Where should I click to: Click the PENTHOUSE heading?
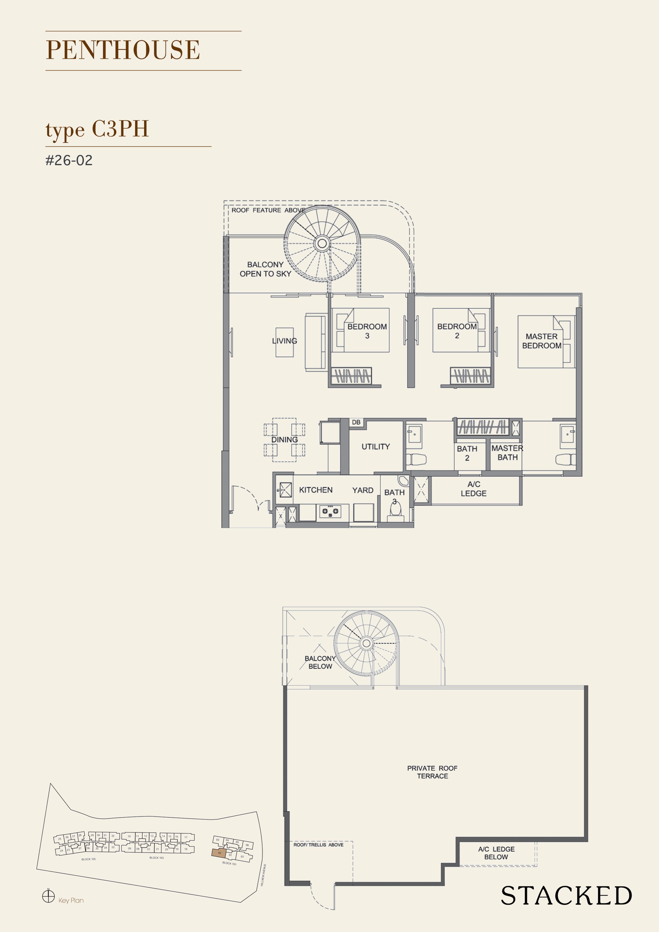click(122, 50)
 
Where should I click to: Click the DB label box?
click(356, 422)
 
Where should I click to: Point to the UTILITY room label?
click(375, 447)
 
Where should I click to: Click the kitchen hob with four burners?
click(330, 511)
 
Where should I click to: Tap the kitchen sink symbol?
click(285, 490)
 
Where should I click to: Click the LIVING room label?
click(284, 341)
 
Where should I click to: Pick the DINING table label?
click(284, 440)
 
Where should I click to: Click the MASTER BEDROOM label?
click(541, 341)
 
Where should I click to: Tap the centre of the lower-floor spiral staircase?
click(322, 243)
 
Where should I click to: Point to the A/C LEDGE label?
click(474, 489)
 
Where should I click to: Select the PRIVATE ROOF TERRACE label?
click(432, 772)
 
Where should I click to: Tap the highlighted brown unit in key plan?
click(219, 853)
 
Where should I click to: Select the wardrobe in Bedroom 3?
click(352, 375)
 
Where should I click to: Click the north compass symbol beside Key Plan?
click(48, 896)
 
